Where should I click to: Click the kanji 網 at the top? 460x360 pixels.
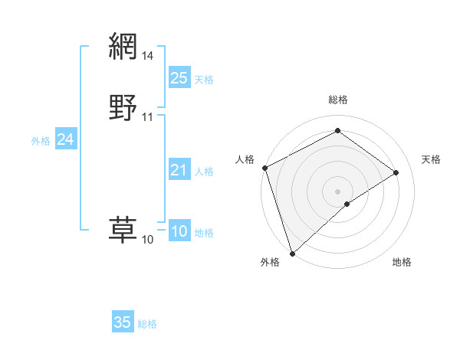pyautogui.click(x=123, y=47)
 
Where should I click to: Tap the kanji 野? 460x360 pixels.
pyautogui.click(x=123, y=107)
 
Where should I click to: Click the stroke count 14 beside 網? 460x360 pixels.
pyautogui.click(x=148, y=56)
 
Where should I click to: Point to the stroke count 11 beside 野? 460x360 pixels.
pyautogui.click(x=148, y=117)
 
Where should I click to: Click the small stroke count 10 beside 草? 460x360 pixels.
pyautogui.click(x=148, y=240)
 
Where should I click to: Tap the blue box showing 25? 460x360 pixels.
pyautogui.click(x=179, y=77)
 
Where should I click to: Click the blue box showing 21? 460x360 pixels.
pyautogui.click(x=179, y=170)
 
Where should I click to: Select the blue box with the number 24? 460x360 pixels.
pyautogui.click(x=66, y=139)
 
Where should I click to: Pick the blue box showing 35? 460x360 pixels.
pyautogui.click(x=123, y=322)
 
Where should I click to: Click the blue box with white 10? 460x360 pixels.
pyautogui.click(x=179, y=231)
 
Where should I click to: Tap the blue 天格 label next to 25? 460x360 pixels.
pyautogui.click(x=204, y=79)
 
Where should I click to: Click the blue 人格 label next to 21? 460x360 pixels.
pyautogui.click(x=204, y=172)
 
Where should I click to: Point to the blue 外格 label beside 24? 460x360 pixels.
pyautogui.click(x=41, y=141)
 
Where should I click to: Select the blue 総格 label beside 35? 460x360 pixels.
pyautogui.click(x=147, y=324)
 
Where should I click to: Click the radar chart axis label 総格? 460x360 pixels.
pyautogui.click(x=338, y=100)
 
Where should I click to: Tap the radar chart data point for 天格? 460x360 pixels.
pyautogui.click(x=396, y=172)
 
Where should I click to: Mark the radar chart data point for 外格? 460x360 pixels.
pyautogui.click(x=291, y=254)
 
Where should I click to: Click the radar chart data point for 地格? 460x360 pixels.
pyautogui.click(x=347, y=204)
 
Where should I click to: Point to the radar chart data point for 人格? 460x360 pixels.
pyautogui.click(x=264, y=168)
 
